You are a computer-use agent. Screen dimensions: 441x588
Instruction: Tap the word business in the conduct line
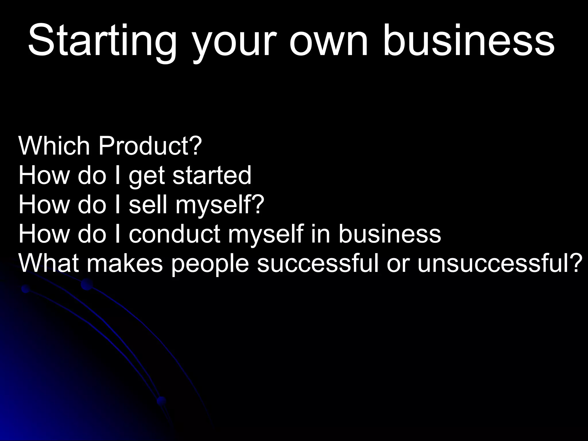click(x=389, y=234)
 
